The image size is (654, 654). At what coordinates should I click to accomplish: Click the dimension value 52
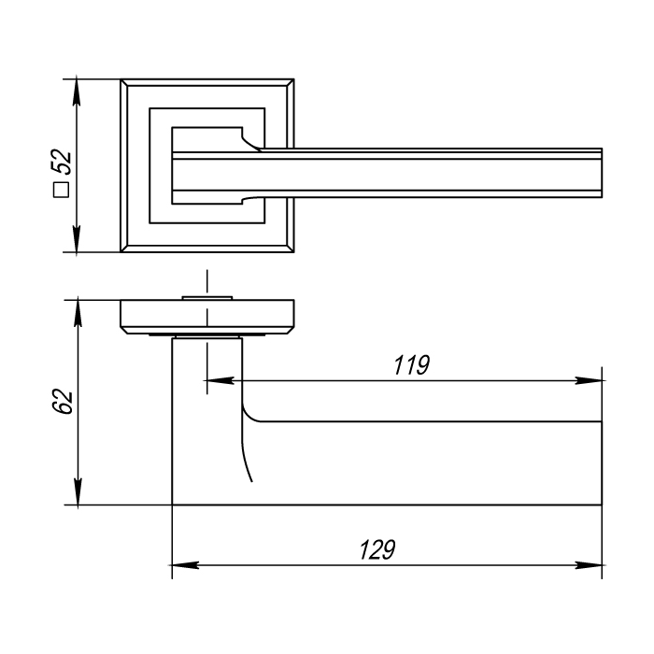[62, 162]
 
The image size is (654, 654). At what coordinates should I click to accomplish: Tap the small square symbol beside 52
[62, 190]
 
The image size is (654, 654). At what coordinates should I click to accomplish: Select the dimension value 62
[63, 401]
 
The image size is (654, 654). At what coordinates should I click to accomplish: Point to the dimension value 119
[412, 365]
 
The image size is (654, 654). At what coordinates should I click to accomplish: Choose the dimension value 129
[377, 549]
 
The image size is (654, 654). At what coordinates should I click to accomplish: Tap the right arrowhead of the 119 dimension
[588, 380]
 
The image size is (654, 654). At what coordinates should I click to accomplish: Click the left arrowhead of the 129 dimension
[186, 565]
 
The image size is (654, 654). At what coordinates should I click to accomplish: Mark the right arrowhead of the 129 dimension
[588, 565]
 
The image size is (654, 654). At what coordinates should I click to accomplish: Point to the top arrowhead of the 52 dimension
[77, 92]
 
